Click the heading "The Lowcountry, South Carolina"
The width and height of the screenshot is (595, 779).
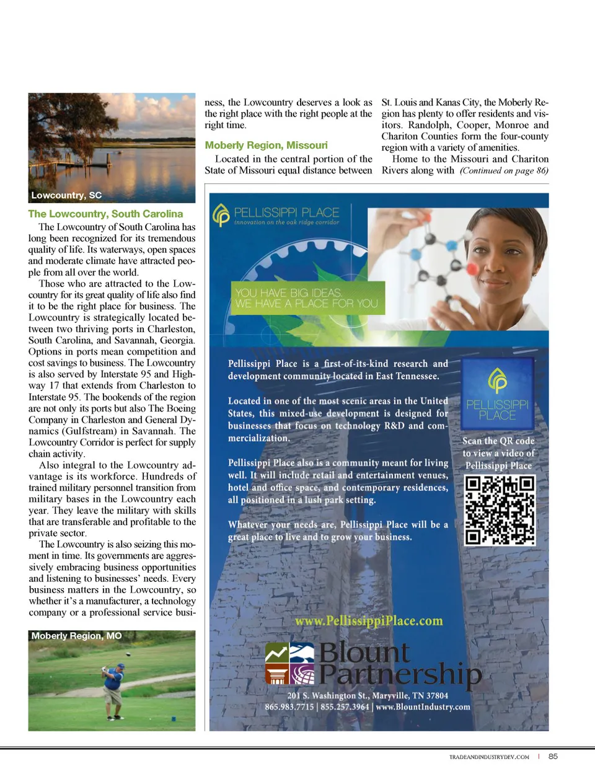coord(105,214)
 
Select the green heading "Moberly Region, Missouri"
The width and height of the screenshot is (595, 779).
coord(266,145)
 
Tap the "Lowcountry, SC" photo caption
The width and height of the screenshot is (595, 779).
coord(66,195)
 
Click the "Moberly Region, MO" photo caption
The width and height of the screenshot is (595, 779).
coord(76,636)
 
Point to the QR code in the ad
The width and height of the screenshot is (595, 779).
coord(500,510)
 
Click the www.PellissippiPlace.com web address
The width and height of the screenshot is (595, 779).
coord(369,621)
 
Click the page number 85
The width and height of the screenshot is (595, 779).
coord(553,756)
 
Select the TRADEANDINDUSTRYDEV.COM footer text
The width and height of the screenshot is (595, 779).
coord(489,757)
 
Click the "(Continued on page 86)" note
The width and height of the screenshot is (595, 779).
coord(504,170)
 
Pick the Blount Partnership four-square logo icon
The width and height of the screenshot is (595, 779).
coord(289,663)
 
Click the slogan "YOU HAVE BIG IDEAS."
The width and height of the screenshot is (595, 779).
coord(288,293)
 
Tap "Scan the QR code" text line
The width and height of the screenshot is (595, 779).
coord(498,441)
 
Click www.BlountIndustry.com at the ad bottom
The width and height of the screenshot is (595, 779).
coord(423,707)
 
